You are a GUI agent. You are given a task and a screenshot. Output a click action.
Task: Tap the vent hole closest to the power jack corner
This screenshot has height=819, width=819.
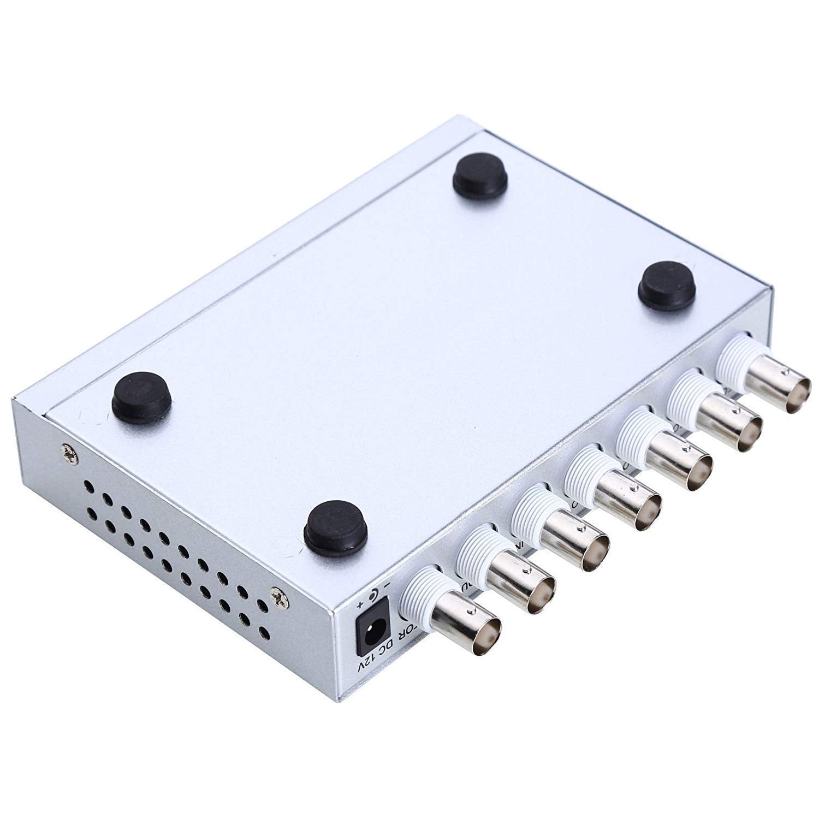click(x=263, y=632)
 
